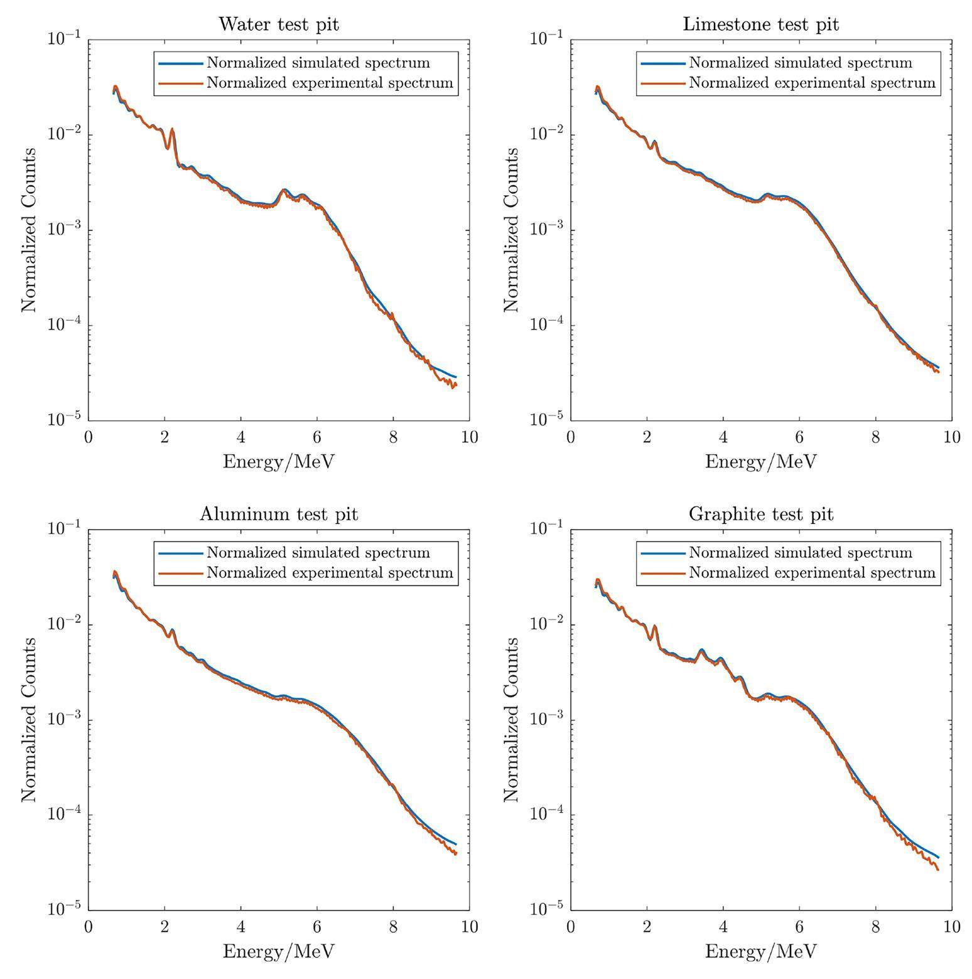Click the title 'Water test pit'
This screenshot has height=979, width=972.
[278, 24]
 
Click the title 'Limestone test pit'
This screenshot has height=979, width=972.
[760, 24]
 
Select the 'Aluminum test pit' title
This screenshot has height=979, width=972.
[278, 514]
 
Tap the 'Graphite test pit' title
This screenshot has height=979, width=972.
[760, 514]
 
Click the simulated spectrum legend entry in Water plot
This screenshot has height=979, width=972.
[318, 63]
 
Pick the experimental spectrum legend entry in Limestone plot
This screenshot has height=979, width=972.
[812, 83]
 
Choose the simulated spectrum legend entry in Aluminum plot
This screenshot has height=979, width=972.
[318, 552]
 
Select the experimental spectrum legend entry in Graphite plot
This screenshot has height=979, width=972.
[812, 572]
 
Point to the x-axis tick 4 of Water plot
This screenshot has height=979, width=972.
[241, 437]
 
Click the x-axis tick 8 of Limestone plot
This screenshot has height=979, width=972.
[876, 437]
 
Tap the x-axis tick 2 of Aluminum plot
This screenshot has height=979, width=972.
[165, 926]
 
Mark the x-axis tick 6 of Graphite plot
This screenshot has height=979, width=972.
[799, 926]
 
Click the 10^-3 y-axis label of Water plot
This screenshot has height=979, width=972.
[63, 230]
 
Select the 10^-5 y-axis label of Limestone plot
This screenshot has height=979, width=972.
[546, 420]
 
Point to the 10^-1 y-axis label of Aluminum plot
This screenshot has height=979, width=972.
[63, 529]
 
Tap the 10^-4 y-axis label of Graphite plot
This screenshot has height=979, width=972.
[546, 815]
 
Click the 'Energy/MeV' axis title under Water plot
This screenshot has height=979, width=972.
[278, 462]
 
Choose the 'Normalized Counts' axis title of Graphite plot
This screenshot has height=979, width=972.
[512, 719]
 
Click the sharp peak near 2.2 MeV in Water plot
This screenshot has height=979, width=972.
[172, 130]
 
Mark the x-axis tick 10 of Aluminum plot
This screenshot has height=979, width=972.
[469, 926]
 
